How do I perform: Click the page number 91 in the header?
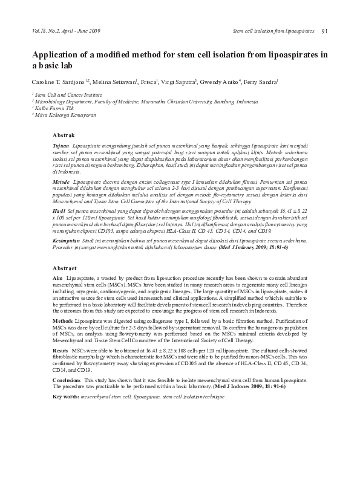click(325, 31)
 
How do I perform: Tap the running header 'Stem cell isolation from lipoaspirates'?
click(273, 31)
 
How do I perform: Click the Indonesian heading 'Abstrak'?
click(64, 135)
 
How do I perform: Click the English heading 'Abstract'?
click(65, 267)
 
